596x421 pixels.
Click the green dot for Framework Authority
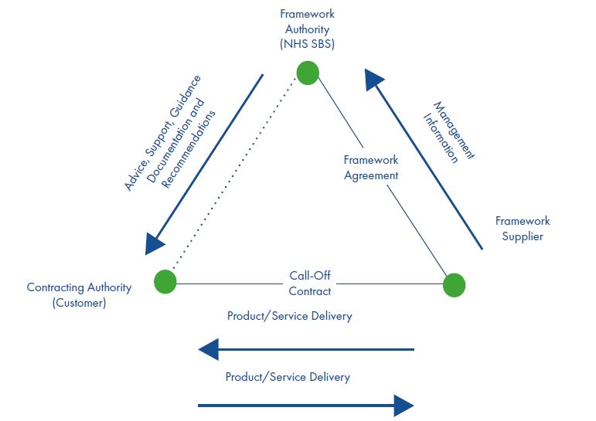click(x=308, y=73)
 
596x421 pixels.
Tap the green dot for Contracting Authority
click(x=165, y=281)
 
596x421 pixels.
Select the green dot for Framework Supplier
click(x=455, y=285)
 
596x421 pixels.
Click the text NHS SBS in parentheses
click(x=307, y=44)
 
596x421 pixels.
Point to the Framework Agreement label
click(x=371, y=168)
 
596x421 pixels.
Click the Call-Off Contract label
click(x=310, y=283)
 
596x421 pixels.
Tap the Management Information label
click(x=449, y=132)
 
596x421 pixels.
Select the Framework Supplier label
click(x=523, y=229)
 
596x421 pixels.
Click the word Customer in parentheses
click(x=79, y=303)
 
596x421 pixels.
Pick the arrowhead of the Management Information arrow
click(x=373, y=79)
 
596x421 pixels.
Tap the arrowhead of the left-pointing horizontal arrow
click(x=209, y=349)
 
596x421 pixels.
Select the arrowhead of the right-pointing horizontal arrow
click(x=404, y=406)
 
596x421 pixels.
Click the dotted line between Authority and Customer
click(x=233, y=173)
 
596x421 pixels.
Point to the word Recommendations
click(x=188, y=149)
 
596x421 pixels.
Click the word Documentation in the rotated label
click(x=175, y=141)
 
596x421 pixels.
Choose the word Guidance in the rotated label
click(x=185, y=96)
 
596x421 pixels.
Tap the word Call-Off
click(x=310, y=276)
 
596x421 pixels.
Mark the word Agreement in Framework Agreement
click(x=371, y=175)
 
